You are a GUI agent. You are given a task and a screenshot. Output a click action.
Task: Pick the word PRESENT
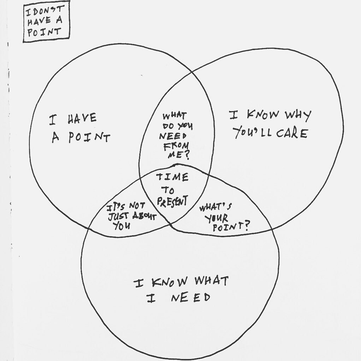pos(172,202)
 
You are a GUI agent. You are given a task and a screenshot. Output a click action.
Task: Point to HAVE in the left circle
pos(82,119)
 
